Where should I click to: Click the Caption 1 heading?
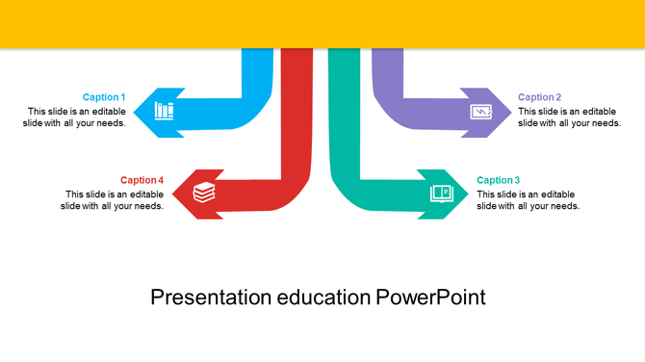tap(104, 97)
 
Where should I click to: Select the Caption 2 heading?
tap(539, 97)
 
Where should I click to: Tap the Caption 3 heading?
tap(499, 180)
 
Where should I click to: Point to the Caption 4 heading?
tap(142, 180)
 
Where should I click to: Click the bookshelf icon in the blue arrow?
tap(165, 111)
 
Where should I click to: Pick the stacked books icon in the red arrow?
tap(204, 193)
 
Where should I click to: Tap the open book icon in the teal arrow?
tap(441, 194)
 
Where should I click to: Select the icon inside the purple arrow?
tap(479, 112)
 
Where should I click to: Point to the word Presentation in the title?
tap(211, 297)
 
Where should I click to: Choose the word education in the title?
tap(323, 297)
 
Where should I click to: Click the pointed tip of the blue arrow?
tap(135, 113)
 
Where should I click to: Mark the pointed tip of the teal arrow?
tap(470, 194)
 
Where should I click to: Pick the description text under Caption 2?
tap(569, 116)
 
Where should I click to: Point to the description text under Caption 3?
tap(528, 199)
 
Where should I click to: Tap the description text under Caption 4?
tap(113, 199)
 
